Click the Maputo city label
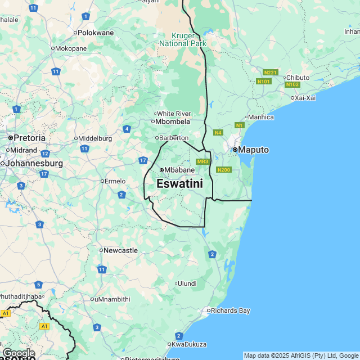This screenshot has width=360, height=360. [254, 150]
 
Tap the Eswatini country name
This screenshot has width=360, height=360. [179, 183]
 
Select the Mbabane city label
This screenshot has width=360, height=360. [179, 170]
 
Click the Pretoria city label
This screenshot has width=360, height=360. [30, 137]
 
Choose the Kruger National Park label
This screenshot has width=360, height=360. [183, 39]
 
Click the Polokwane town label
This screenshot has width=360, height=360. [95, 33]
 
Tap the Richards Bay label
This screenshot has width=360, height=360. [231, 310]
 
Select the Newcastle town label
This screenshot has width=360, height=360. [120, 250]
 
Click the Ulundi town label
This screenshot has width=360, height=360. [187, 283]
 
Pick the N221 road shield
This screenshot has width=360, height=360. [271, 73]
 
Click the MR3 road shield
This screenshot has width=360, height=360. [203, 161]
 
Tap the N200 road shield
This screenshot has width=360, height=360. [223, 170]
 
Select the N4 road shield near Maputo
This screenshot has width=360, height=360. [218, 133]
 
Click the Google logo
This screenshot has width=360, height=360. [19, 353]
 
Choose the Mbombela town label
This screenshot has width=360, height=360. [173, 121]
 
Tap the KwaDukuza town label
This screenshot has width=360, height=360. [189, 344]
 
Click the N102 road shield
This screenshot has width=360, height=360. [292, 85]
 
